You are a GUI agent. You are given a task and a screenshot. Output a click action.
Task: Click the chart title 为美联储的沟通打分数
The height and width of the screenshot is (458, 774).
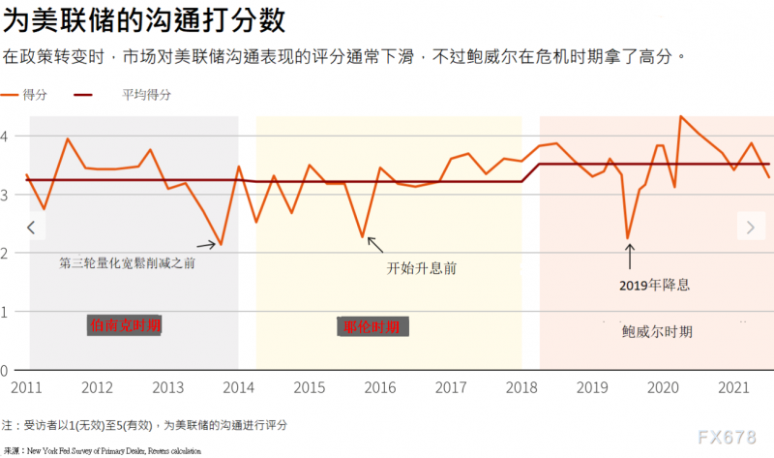149,19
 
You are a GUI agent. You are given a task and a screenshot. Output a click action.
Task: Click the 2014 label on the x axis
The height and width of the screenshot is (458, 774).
238,388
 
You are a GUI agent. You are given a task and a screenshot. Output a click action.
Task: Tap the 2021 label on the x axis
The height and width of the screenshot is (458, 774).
732,388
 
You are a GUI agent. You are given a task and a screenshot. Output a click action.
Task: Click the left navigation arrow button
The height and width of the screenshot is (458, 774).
31,228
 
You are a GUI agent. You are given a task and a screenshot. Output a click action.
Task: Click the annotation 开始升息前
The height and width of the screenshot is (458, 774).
422,266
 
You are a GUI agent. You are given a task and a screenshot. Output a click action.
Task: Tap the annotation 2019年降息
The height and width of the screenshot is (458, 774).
655,286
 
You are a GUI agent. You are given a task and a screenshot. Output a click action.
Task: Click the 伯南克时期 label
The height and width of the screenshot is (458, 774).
124,326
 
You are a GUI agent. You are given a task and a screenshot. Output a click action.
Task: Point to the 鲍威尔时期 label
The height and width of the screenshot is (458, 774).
657,331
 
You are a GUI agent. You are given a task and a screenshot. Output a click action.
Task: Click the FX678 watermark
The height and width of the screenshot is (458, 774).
726,437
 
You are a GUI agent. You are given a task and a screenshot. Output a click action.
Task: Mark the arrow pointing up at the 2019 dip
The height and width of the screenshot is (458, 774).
629,256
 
